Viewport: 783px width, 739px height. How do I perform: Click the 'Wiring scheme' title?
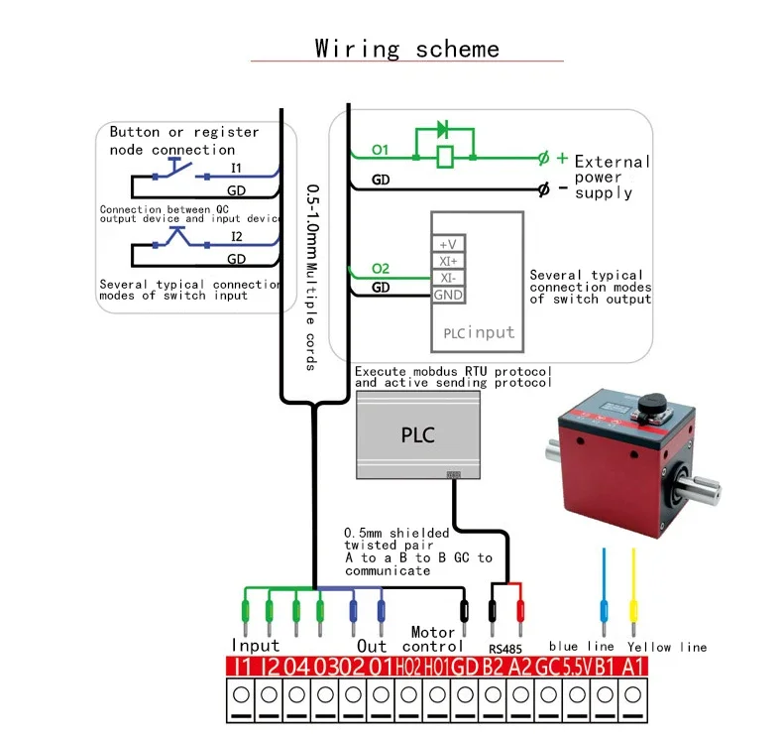click(406, 49)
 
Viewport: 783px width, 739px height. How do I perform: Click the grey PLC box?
click(417, 434)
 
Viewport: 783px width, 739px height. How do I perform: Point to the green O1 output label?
click(381, 150)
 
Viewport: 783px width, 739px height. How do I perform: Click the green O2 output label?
click(381, 269)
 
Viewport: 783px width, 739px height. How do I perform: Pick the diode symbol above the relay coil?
click(442, 129)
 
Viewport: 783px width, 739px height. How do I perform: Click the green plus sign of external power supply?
click(562, 157)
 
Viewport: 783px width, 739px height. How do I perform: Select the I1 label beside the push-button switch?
click(236, 169)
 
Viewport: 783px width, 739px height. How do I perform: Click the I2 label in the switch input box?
click(236, 236)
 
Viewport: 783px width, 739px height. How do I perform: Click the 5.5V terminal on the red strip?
click(575, 668)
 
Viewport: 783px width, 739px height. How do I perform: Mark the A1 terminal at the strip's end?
click(632, 668)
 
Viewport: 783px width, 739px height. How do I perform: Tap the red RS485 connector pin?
click(519, 605)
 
